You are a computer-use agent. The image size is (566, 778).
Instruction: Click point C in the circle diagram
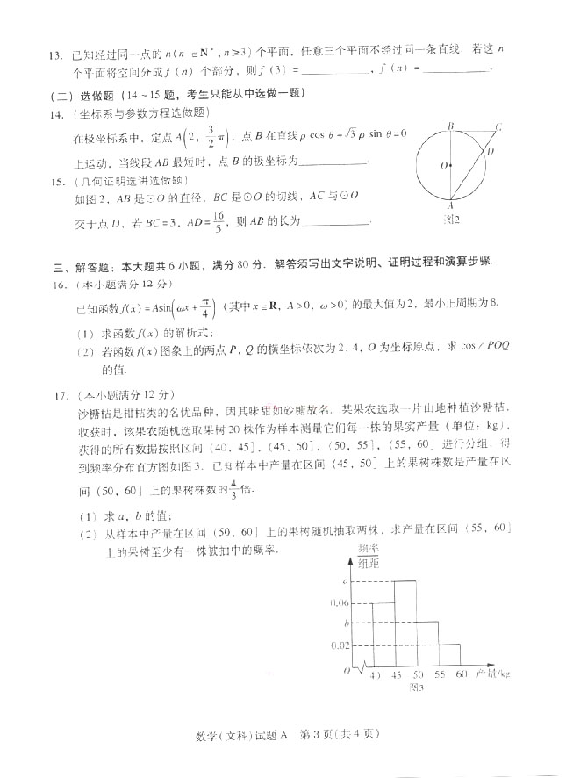(498, 128)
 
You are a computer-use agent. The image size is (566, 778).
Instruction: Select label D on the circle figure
(490, 152)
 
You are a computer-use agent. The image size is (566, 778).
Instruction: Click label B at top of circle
(450, 126)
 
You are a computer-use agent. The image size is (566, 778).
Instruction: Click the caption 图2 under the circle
(451, 218)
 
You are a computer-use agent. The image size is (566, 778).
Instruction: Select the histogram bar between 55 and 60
(449, 656)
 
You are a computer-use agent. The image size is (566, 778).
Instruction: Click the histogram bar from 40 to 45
(383, 635)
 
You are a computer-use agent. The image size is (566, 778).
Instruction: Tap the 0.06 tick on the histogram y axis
(338, 602)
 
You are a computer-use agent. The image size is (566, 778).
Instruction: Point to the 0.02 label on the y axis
(339, 645)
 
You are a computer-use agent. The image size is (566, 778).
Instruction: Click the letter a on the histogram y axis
(346, 580)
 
